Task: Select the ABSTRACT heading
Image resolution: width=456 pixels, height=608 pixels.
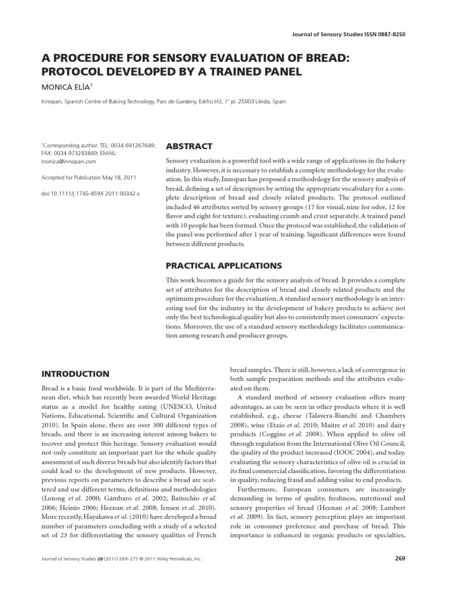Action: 188,146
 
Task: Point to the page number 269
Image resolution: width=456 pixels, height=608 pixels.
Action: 400,559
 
